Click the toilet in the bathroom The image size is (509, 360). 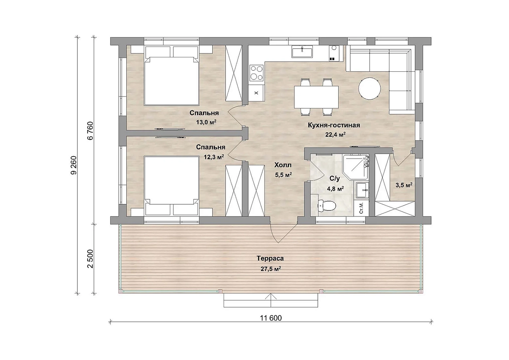click(x=326, y=206)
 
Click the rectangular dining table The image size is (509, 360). click(x=316, y=97)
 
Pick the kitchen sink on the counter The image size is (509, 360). click(x=302, y=52)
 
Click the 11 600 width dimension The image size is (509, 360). click(x=271, y=318)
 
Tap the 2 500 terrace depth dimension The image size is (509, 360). click(x=90, y=259)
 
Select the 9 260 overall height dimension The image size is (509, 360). click(x=74, y=165)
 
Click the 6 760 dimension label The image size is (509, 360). click(x=90, y=131)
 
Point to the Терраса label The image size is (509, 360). click(x=270, y=258)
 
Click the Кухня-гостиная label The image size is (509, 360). click(x=334, y=125)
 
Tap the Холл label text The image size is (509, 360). click(x=283, y=165)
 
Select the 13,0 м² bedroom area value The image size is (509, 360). click(x=206, y=122)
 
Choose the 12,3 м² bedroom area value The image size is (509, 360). click(x=214, y=157)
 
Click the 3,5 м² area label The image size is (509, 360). click(x=404, y=185)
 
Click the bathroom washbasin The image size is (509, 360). click(x=362, y=190)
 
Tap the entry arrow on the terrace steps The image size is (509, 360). click(x=271, y=300)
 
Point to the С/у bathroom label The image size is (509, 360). click(x=335, y=179)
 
